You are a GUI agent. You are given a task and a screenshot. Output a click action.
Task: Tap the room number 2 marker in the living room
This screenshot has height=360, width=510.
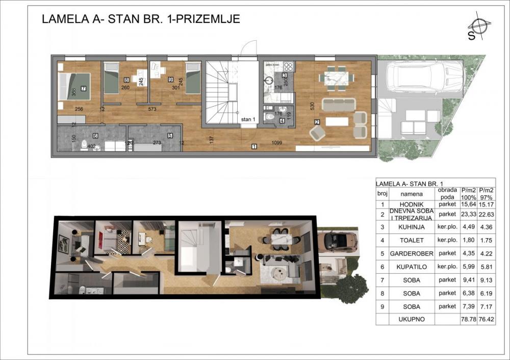[317, 122]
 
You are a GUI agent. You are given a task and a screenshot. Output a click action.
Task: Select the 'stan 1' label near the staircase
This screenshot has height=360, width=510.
[248, 120]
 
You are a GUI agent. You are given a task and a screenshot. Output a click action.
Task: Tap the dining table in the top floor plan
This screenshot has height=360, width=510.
[336, 78]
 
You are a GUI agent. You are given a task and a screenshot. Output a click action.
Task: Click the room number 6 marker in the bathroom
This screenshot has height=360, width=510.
[95, 136]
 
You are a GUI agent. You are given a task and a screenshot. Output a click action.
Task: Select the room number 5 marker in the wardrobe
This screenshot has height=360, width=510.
[170, 136]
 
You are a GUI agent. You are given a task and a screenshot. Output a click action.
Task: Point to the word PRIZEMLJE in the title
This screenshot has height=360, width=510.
[210, 19]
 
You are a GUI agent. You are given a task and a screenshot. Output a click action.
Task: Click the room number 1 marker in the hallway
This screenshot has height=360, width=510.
[253, 147]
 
